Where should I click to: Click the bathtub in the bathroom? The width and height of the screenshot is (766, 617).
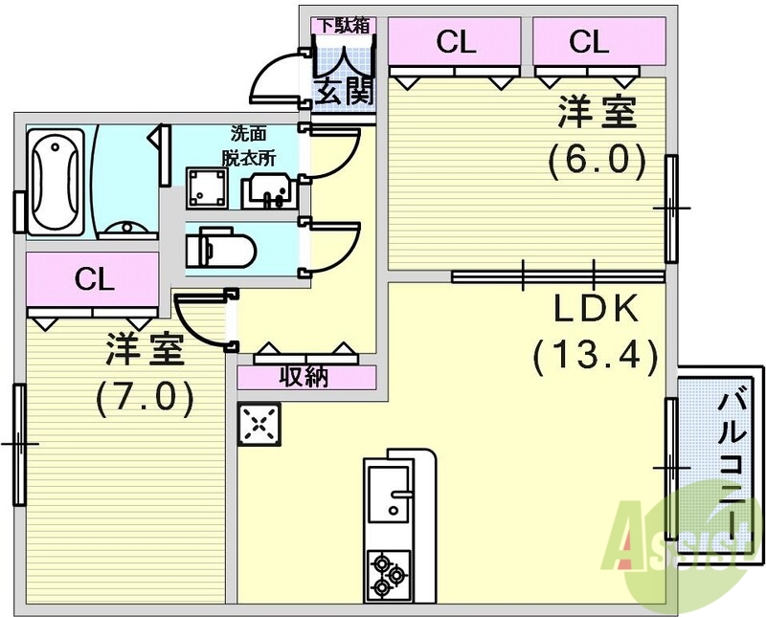coord(55,182)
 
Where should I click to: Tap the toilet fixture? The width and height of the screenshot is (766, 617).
coord(221,248)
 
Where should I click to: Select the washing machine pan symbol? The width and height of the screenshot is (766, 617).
coord(207,188)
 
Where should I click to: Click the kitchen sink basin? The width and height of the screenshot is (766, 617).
coord(389,494)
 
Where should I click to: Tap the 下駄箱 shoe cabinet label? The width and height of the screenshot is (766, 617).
coord(345,25)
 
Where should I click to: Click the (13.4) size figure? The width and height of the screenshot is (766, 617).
coord(596,356)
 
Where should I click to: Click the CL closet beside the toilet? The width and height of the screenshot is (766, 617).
coord(93,279)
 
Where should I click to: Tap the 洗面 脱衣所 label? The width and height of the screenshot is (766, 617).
coord(249,145)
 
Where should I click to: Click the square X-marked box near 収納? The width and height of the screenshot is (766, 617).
coord(259,424)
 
